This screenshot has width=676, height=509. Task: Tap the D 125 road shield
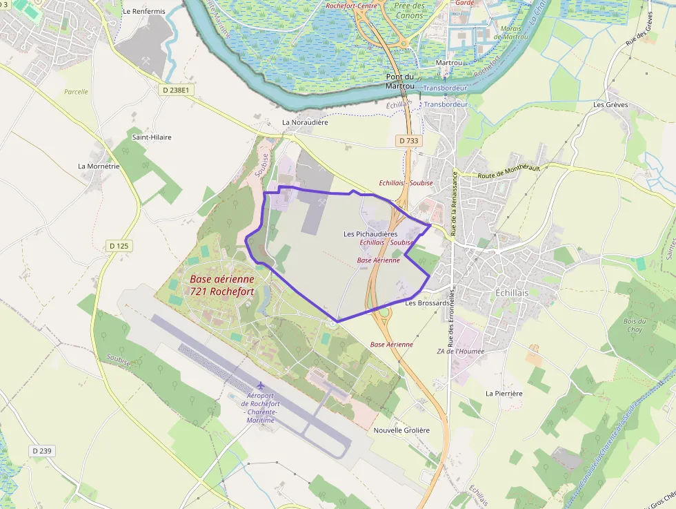[x=119, y=246]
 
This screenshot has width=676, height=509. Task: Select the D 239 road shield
[x=41, y=450]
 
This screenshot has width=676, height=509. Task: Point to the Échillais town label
[x=512, y=293]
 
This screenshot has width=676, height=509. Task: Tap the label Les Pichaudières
[x=370, y=234]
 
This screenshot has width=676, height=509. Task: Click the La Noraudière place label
[x=305, y=122]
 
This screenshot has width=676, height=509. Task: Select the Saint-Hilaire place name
[x=152, y=137]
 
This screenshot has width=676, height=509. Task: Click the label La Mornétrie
[x=99, y=166]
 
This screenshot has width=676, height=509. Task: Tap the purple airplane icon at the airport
[x=260, y=385]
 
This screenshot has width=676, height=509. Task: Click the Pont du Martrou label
[x=399, y=81]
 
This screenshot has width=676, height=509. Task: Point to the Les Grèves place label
[x=610, y=105]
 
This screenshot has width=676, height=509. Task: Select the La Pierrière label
[x=504, y=393]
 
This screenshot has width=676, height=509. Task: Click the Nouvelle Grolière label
[x=401, y=430]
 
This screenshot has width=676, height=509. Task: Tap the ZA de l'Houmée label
[x=460, y=351]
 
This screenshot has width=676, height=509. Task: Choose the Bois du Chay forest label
[x=634, y=325]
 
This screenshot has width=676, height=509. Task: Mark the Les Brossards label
[x=428, y=302]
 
